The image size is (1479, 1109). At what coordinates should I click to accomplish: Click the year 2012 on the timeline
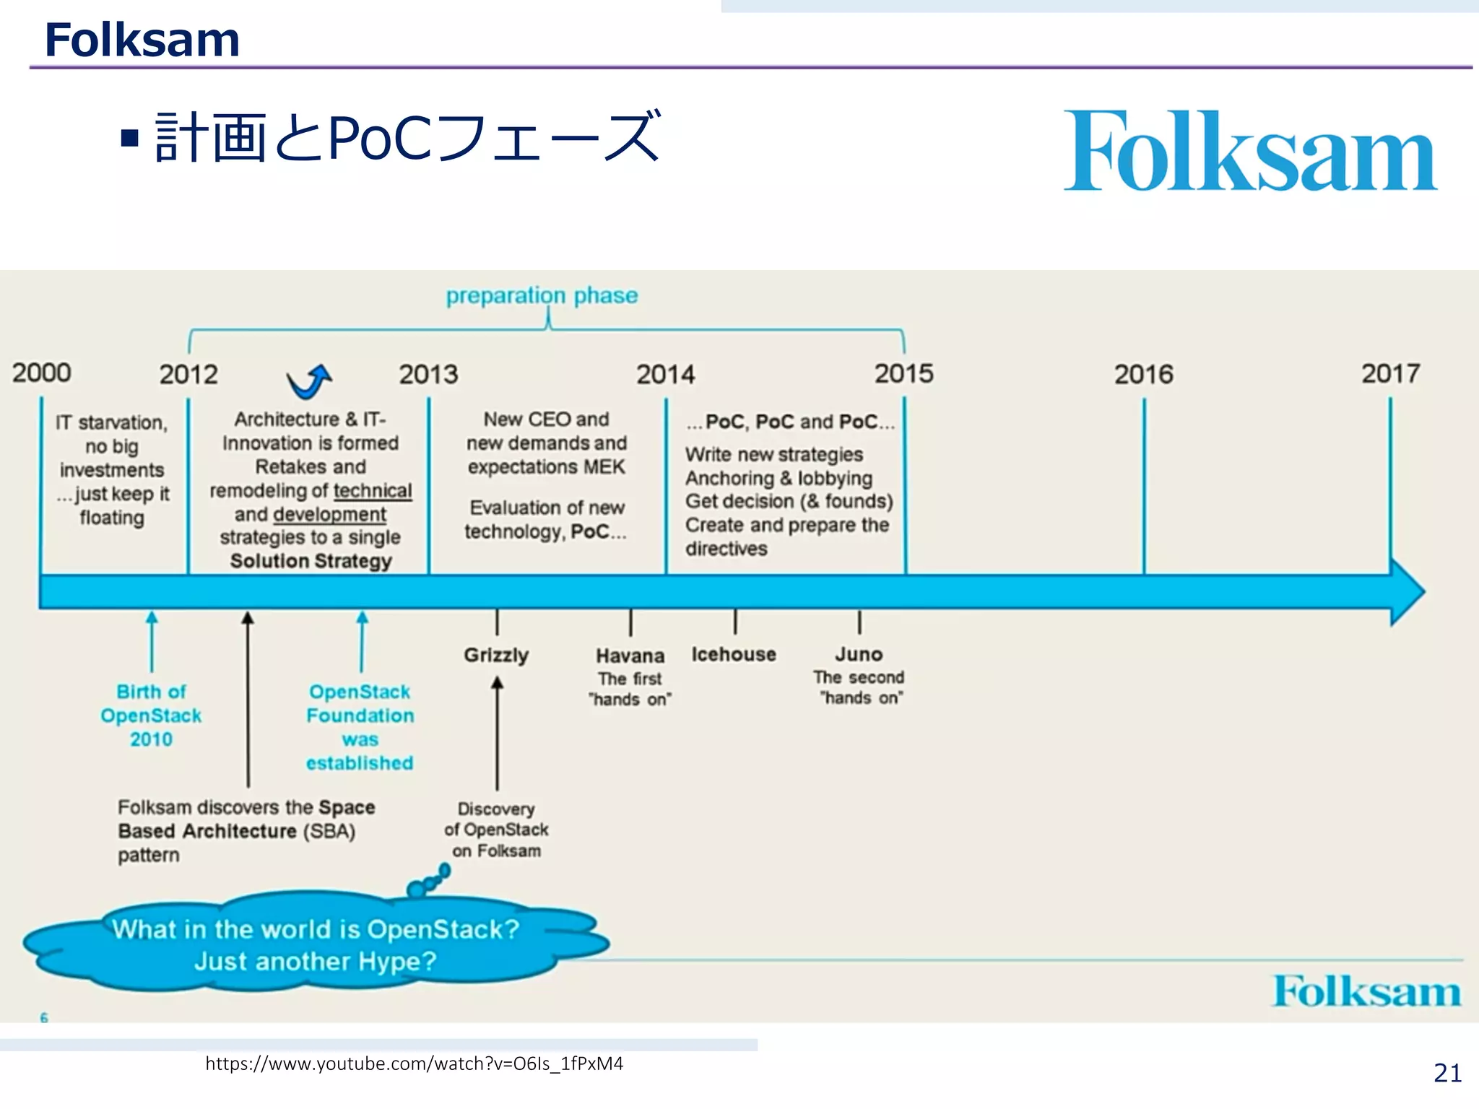pyautogui.click(x=188, y=375)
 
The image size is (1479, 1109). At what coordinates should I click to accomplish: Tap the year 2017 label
pyautogui.click(x=1390, y=373)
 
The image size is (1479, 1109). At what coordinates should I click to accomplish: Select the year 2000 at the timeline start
pyautogui.click(x=41, y=373)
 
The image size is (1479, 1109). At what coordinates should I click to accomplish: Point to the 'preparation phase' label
pyautogui.click(x=542, y=295)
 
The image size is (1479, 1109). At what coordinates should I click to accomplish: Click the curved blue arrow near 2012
pyautogui.click(x=309, y=381)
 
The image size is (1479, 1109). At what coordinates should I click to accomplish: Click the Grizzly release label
pyautogui.click(x=496, y=655)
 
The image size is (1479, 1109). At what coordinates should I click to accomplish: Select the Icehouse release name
pyautogui.click(x=734, y=654)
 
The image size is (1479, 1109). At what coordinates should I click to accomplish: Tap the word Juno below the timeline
pyautogui.click(x=859, y=654)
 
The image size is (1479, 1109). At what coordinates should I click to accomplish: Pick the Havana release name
pyautogui.click(x=630, y=656)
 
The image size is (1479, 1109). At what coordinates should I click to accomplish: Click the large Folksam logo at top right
pyautogui.click(x=1250, y=152)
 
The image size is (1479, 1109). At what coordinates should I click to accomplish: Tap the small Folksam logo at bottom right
pyautogui.click(x=1366, y=991)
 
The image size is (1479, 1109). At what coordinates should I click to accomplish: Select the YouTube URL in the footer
pyautogui.click(x=414, y=1064)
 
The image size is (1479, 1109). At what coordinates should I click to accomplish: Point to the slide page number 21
pyautogui.click(x=1447, y=1073)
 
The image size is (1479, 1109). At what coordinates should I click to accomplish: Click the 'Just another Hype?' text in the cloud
pyautogui.click(x=316, y=962)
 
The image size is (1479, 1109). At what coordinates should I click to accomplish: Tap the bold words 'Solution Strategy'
pyautogui.click(x=311, y=561)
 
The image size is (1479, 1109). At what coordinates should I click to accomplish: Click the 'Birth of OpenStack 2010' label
pyautogui.click(x=151, y=716)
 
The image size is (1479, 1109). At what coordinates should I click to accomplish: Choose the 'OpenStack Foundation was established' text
pyautogui.click(x=360, y=727)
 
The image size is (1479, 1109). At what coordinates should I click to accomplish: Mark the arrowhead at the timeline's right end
pyautogui.click(x=1408, y=591)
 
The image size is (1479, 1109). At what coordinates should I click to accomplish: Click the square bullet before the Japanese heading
pyautogui.click(x=130, y=137)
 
